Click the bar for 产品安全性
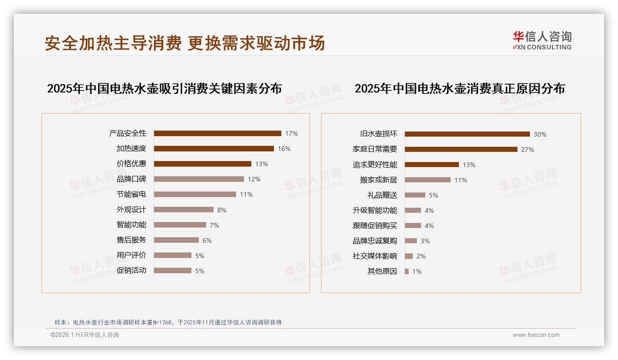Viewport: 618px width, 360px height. pyautogui.click(x=217, y=133)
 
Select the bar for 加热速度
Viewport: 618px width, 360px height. pyautogui.click(x=214, y=149)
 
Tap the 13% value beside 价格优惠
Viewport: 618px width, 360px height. pyautogui.click(x=261, y=164)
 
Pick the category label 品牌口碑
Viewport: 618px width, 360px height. pyautogui.click(x=131, y=179)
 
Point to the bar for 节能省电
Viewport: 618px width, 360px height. pyautogui.click(x=195, y=194)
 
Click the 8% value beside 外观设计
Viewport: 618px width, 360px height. pyautogui.click(x=222, y=210)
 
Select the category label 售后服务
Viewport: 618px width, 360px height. pyautogui.click(x=131, y=240)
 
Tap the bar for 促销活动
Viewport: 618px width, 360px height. pyautogui.click(x=172, y=270)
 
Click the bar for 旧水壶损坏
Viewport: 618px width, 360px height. pyautogui.click(x=467, y=134)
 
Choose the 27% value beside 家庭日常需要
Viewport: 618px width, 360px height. pyautogui.click(x=528, y=150)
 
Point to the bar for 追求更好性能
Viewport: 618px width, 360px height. pyautogui.click(x=432, y=165)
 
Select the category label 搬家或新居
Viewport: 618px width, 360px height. pyautogui.click(x=379, y=180)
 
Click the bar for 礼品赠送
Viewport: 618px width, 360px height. pyautogui.click(x=415, y=195)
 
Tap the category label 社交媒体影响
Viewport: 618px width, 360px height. pyautogui.click(x=375, y=256)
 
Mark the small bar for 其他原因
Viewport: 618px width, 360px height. pyautogui.click(x=407, y=271)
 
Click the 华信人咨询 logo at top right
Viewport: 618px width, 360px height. pyautogui.click(x=542, y=41)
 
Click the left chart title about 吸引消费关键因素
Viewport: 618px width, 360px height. pyautogui.click(x=164, y=89)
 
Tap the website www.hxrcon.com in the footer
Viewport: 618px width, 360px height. pyautogui.click(x=536, y=335)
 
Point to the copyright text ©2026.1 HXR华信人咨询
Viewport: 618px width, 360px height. pyautogui.click(x=85, y=335)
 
